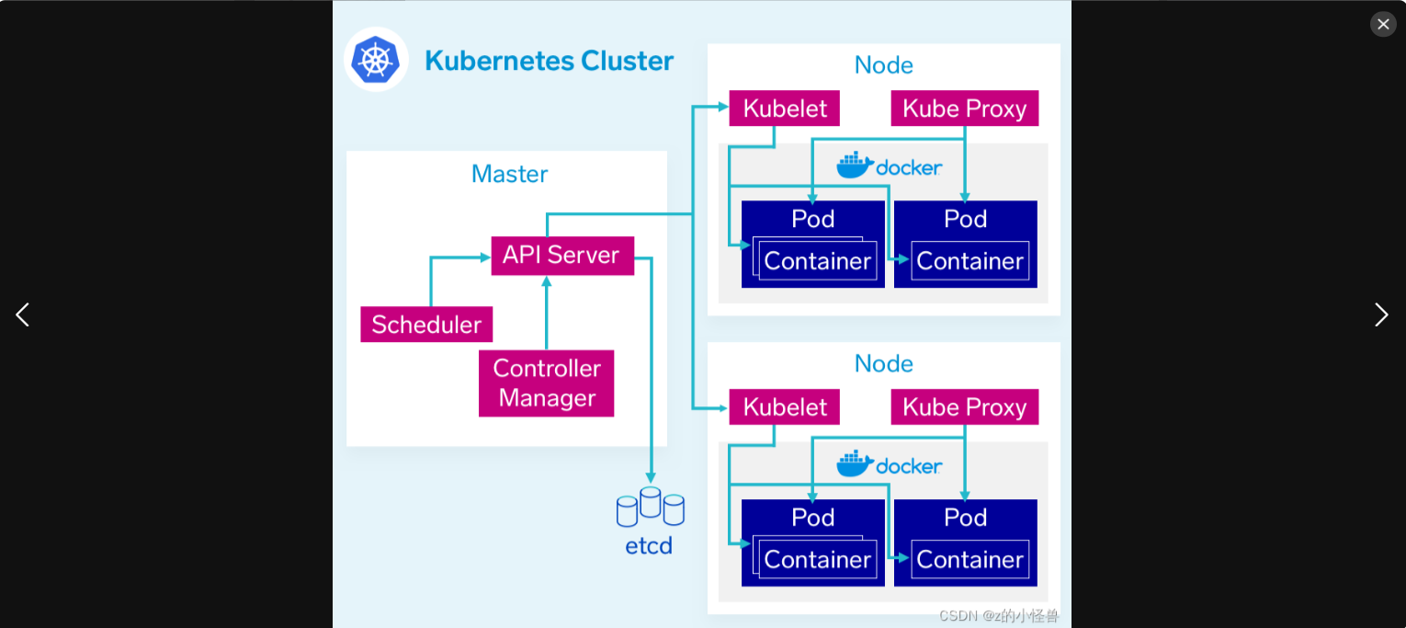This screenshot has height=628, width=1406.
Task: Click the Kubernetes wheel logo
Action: (376, 60)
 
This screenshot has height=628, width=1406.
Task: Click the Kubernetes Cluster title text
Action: (549, 61)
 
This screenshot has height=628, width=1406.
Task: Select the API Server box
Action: (561, 255)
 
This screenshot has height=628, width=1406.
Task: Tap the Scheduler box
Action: (426, 325)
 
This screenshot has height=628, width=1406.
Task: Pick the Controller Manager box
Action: (546, 383)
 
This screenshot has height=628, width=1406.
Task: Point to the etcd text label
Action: (649, 545)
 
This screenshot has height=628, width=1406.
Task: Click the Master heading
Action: (509, 174)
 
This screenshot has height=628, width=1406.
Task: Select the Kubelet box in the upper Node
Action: (785, 108)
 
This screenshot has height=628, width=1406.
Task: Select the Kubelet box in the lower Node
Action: (785, 407)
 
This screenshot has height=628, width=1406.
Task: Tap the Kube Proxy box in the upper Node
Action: (964, 108)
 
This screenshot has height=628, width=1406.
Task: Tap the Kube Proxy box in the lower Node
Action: (964, 407)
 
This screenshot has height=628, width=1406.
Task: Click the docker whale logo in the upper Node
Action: (855, 166)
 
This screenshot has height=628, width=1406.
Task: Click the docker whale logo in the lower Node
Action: (855, 464)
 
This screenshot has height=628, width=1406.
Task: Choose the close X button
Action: (1383, 24)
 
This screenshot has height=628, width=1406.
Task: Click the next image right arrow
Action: (1381, 314)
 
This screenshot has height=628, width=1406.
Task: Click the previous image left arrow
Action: (23, 314)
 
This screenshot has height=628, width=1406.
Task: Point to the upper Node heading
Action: (883, 65)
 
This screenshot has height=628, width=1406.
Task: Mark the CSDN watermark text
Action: (999, 616)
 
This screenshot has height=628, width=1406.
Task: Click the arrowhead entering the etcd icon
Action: (651, 477)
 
